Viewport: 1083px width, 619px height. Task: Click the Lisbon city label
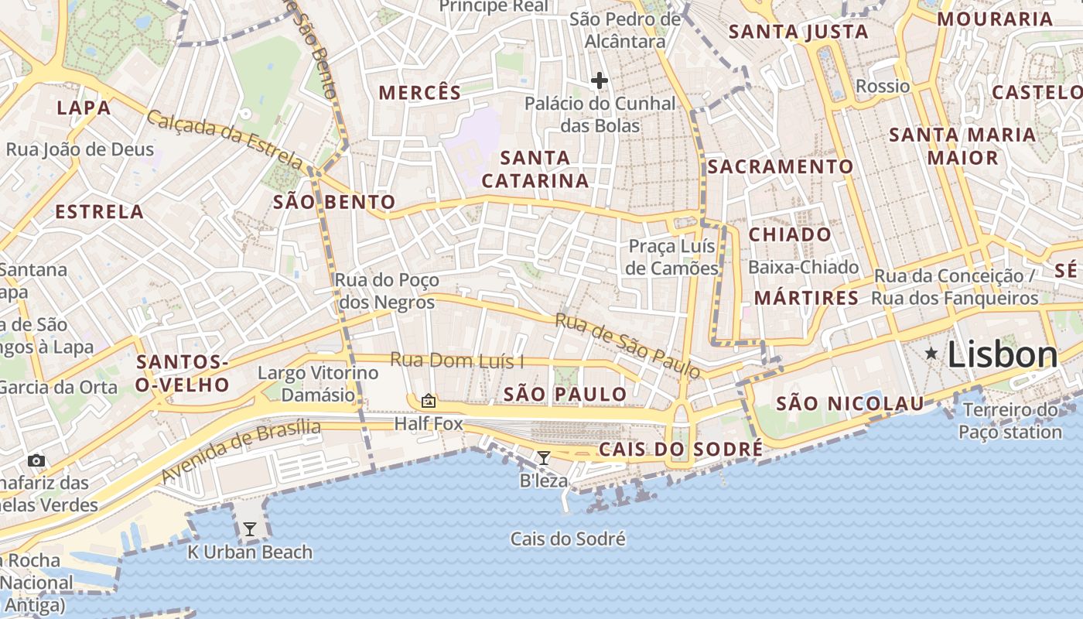(1003, 355)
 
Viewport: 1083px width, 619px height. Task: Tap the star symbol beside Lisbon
(931, 354)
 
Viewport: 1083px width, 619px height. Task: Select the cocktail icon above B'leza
(544, 458)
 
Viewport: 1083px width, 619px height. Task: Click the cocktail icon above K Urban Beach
(249, 529)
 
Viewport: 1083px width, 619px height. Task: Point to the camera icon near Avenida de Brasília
(36, 461)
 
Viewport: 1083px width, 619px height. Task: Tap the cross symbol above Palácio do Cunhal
(599, 80)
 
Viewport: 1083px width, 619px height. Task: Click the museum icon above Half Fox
(428, 401)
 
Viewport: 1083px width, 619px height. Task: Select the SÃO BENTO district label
(334, 203)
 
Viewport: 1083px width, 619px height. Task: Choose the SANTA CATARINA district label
(535, 169)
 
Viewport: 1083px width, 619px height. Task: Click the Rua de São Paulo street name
(627, 345)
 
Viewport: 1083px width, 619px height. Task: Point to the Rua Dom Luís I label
(456, 361)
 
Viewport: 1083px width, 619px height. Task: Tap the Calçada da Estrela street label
(224, 140)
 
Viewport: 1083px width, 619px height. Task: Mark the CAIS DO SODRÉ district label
(681, 450)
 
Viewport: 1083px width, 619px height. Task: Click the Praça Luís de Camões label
(672, 258)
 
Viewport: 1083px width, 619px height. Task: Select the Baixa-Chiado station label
(803, 268)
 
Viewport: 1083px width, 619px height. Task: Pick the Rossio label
(883, 86)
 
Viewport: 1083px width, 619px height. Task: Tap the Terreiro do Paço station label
(1010, 421)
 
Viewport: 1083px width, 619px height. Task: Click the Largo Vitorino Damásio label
(318, 384)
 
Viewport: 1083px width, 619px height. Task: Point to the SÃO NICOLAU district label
(849, 403)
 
